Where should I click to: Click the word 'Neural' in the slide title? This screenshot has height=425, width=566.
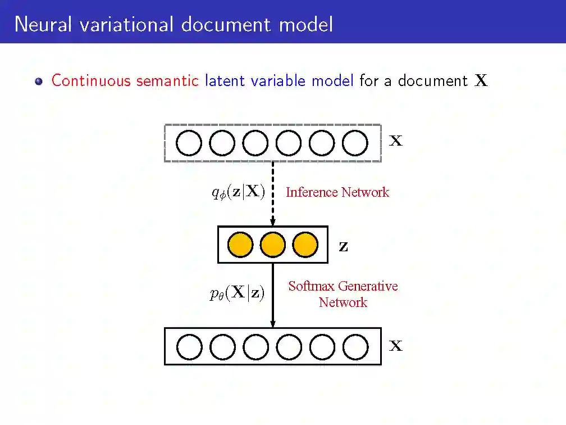click(43, 24)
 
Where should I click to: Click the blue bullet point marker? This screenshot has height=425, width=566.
click(38, 81)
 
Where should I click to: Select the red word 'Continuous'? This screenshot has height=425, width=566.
click(91, 81)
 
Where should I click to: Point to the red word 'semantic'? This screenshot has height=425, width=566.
click(167, 81)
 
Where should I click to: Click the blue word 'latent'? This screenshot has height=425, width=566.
click(225, 81)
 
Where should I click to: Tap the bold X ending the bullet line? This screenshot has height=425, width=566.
click(481, 82)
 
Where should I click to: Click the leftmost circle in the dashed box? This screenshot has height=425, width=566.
click(189, 143)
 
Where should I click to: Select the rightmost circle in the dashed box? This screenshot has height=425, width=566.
click(355, 143)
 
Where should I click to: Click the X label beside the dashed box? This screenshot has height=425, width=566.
click(396, 141)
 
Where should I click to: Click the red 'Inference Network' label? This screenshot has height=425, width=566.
click(337, 192)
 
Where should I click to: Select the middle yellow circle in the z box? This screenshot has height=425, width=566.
click(273, 245)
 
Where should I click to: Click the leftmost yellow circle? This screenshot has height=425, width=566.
click(240, 245)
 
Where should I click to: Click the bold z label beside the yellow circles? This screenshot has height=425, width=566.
click(343, 246)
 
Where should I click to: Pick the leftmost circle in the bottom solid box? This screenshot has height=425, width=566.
click(189, 347)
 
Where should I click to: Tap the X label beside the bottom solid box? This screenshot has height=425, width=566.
click(396, 346)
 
